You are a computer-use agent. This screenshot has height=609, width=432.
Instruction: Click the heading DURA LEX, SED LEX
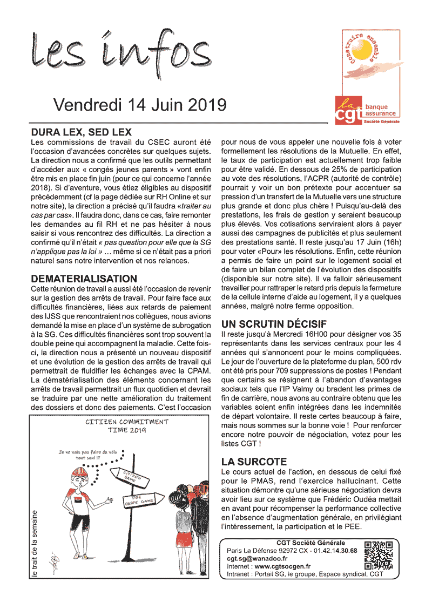tap(82, 132)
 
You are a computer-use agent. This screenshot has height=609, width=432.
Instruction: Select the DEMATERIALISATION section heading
tap(84, 279)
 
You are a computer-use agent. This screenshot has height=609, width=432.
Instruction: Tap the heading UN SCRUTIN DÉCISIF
tap(274, 324)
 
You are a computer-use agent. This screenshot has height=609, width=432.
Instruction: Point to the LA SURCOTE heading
tap(254, 462)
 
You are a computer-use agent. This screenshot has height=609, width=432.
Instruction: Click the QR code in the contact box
tap(378, 556)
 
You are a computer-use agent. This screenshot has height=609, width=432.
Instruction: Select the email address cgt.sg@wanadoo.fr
tap(257, 558)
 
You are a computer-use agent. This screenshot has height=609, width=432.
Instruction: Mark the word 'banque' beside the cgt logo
tap(376, 107)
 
